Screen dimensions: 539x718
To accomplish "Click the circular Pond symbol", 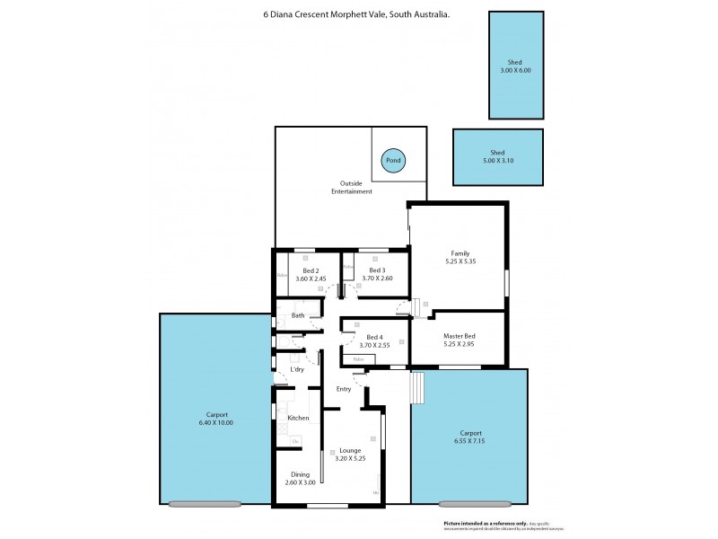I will tap(392, 161).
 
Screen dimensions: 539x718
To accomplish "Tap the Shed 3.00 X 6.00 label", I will tap(515, 65).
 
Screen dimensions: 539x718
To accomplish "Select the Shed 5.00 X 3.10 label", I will tap(498, 156).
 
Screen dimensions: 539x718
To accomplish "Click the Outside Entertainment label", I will tap(351, 187).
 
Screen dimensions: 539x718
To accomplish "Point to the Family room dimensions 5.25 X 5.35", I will tap(460, 261).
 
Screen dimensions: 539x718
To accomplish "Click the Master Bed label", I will tap(459, 336).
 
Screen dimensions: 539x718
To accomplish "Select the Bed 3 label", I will tap(376, 270).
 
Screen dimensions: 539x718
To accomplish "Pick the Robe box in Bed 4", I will tap(358, 359).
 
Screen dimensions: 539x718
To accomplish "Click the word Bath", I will tap(297, 315).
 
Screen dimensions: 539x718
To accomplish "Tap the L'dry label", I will tap(296, 369).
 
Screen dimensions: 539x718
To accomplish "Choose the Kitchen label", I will tap(298, 418).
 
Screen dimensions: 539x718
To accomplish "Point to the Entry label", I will tap(343, 389).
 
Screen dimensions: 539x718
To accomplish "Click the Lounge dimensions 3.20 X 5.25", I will tap(350, 458).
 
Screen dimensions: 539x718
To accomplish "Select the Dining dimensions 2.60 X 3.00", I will tap(300, 482).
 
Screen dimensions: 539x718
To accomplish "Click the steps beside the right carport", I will tap(416, 389).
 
